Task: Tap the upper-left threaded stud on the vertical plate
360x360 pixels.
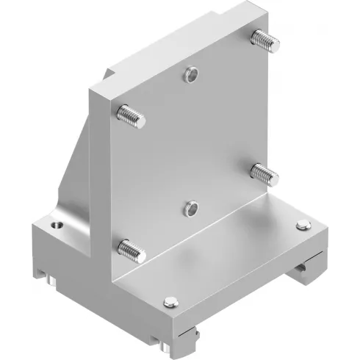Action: point(131,115)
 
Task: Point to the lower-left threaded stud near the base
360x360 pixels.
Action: point(132,251)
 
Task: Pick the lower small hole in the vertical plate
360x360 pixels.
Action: point(191,209)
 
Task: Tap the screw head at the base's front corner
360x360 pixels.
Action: point(170,300)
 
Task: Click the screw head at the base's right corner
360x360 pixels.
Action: point(302,226)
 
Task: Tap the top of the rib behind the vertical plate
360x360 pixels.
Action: point(110,73)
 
